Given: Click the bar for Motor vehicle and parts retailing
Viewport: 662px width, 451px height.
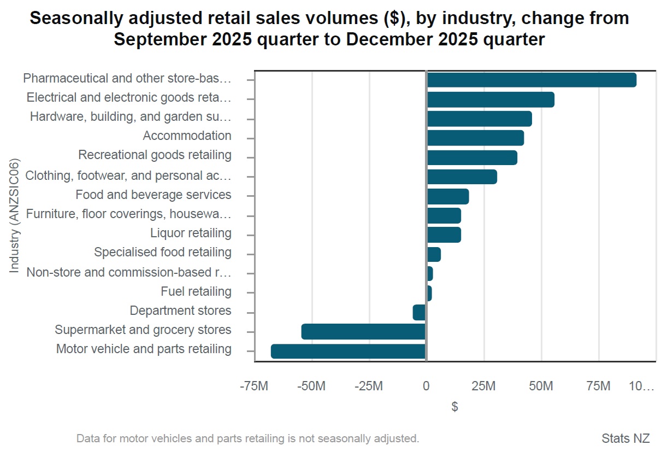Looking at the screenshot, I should (348, 351).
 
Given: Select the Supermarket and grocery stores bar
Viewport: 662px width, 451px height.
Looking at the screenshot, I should (363, 331).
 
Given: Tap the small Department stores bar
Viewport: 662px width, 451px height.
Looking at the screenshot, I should (419, 312).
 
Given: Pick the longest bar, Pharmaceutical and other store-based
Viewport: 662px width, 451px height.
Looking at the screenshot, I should (531, 80).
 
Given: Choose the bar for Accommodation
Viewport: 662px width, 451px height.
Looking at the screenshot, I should (475, 138).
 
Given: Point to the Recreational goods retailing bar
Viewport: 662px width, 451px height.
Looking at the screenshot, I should (471, 157).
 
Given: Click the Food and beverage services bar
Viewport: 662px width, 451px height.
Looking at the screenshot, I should (447, 196).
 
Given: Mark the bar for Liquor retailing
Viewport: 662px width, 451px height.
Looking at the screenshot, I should (444, 235).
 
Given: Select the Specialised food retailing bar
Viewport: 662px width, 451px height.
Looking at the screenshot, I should (433, 254).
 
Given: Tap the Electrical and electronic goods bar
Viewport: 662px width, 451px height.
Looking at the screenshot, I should (490, 99).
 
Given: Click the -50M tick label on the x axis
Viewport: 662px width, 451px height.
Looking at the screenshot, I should (311, 386).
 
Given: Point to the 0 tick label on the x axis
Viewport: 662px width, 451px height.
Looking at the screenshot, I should (426, 386).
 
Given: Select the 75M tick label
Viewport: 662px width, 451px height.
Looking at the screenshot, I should (598, 386).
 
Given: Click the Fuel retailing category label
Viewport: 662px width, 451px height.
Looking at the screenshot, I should (196, 291).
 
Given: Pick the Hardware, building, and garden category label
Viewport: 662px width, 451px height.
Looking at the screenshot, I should (131, 116).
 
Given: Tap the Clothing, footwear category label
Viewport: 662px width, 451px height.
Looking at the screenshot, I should (128, 176).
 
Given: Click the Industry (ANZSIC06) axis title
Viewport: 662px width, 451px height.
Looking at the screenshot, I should (15, 215).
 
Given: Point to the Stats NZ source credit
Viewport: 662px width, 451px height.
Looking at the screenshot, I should (625, 438).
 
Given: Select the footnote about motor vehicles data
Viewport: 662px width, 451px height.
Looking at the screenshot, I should (247, 438).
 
